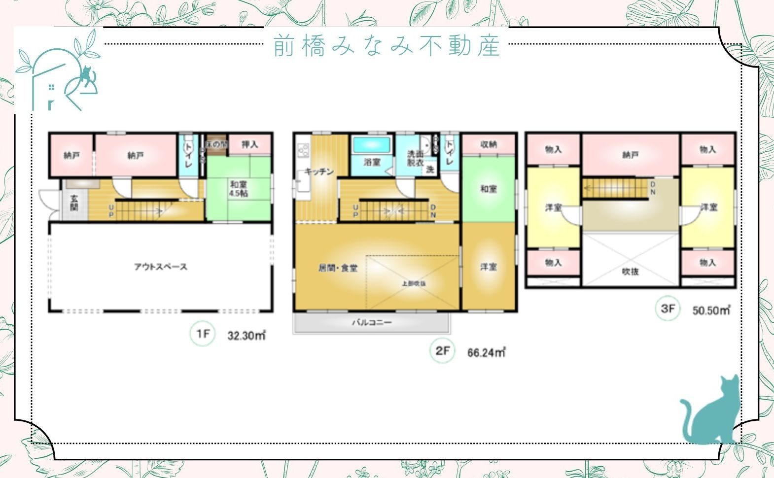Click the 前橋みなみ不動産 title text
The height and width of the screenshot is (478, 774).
pos(387,45)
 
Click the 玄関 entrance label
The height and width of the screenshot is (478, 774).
pos(74,203)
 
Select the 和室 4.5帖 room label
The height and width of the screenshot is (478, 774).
pos(238,189)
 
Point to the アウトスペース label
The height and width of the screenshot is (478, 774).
pos(161,267)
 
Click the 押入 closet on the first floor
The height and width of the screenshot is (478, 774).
pos(250,144)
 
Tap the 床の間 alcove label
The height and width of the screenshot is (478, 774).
pos(216,144)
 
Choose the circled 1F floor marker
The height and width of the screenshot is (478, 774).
pos(203,334)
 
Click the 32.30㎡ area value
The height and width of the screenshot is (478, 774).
pos(246,336)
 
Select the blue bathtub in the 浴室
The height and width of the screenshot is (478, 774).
pos(372,145)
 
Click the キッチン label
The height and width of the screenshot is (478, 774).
pos(319,171)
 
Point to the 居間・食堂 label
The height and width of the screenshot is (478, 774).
pos(338,268)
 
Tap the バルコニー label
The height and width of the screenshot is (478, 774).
pos(372,323)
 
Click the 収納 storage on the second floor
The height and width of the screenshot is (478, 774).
pos(489,144)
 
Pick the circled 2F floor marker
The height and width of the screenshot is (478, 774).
pos(442,351)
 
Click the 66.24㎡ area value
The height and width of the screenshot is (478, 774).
pos(487,352)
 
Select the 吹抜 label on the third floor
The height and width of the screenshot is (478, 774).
pos(630,271)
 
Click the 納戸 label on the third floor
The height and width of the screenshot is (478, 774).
pos(631,155)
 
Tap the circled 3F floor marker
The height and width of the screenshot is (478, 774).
pos(667,308)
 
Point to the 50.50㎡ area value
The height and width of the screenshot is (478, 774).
pos(711,310)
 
